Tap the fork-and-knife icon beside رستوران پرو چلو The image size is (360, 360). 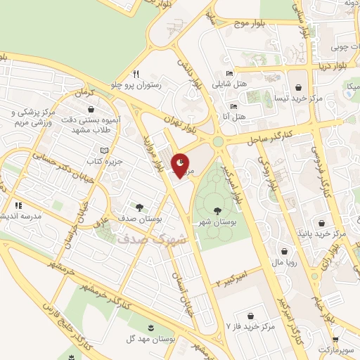(x=136, y=73)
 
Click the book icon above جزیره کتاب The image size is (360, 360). (x=105, y=150)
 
